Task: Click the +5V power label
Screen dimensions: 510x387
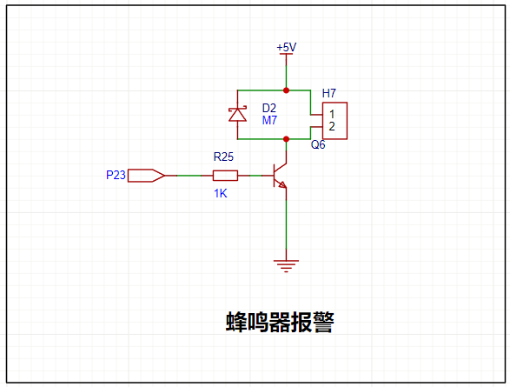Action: click(286, 48)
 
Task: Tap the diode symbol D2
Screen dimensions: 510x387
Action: click(237, 114)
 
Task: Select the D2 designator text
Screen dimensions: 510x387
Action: click(269, 108)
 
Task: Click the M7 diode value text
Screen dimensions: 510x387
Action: click(269, 120)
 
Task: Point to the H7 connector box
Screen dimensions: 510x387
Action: click(334, 121)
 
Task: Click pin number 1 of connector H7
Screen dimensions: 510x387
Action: click(332, 114)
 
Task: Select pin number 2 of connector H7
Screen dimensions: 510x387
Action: click(332, 126)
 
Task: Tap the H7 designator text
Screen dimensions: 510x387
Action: click(328, 93)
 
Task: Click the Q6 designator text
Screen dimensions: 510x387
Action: click(318, 144)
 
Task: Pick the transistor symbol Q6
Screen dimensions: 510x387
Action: click(280, 176)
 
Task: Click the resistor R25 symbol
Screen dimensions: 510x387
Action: click(225, 176)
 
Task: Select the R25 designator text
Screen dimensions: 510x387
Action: click(223, 157)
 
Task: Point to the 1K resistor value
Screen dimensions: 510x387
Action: click(220, 194)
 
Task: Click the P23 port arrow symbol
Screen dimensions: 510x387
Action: click(146, 176)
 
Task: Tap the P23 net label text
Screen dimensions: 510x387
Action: click(116, 175)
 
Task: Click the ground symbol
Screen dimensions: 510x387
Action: click(286, 266)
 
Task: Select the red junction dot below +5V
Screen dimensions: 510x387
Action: click(286, 90)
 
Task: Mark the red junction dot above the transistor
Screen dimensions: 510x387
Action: click(286, 139)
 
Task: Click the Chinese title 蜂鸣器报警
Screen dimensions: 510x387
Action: click(280, 323)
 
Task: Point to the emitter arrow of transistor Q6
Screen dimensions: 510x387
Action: click(282, 185)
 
